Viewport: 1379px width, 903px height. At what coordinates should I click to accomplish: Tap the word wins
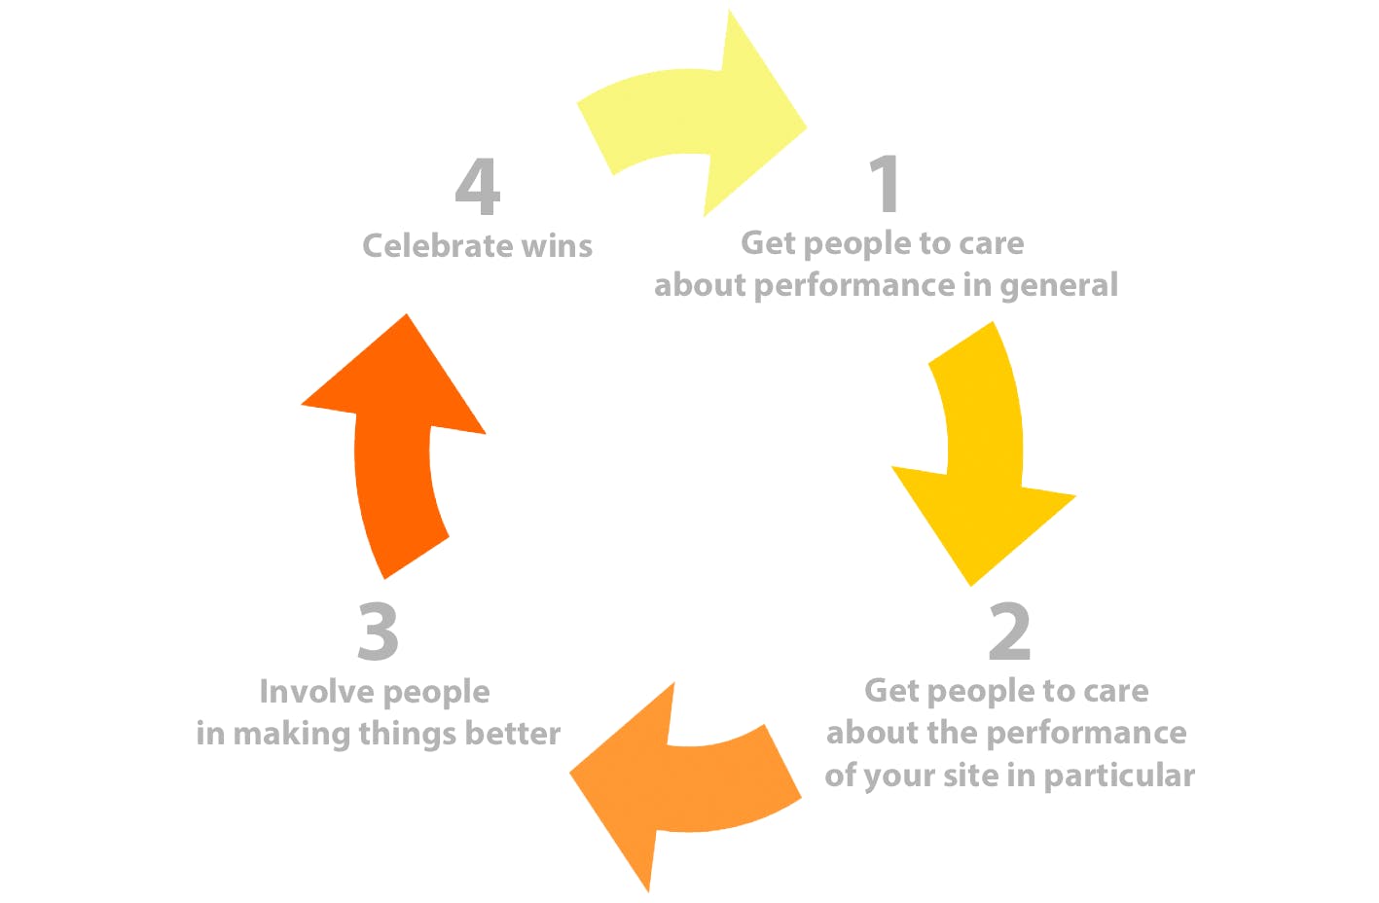click(557, 245)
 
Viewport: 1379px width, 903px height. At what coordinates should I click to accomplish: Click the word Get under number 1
click(769, 242)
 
